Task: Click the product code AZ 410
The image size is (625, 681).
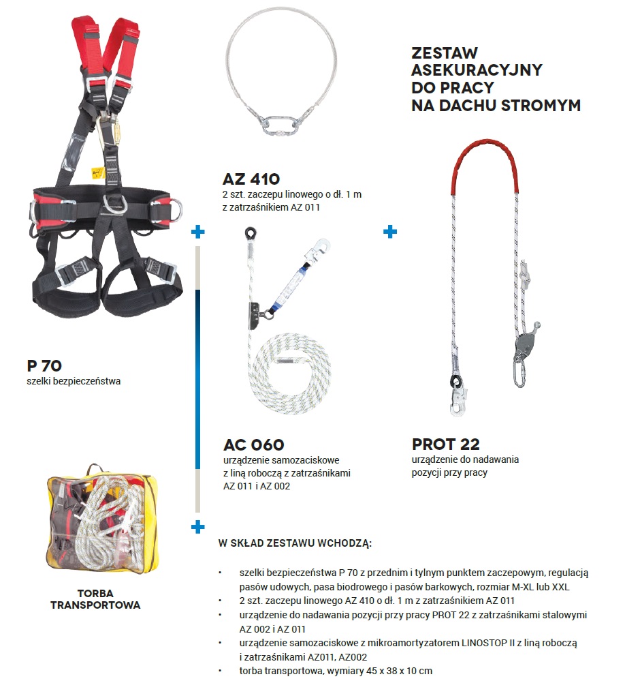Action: (x=251, y=180)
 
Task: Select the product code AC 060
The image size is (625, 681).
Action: (x=253, y=445)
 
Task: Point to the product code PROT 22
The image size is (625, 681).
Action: (x=446, y=444)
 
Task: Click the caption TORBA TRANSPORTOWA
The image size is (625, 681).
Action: (x=95, y=599)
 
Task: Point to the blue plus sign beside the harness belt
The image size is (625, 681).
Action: (x=198, y=232)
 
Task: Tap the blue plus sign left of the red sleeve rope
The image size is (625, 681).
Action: (x=390, y=232)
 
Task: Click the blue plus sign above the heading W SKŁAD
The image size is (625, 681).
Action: (x=198, y=527)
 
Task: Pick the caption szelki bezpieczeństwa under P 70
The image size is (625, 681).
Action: (x=74, y=381)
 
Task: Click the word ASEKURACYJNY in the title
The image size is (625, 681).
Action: (x=477, y=70)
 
